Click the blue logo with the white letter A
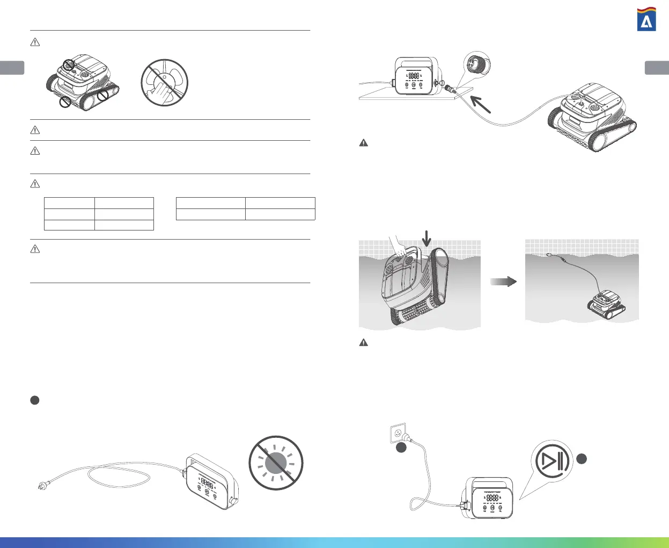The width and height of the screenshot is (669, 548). (x=646, y=20)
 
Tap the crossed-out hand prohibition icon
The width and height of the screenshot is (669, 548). (x=164, y=83)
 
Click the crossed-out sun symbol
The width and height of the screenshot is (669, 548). (x=276, y=462)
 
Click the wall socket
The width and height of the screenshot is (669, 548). (x=398, y=432)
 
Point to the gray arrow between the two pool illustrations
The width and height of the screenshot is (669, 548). (x=503, y=282)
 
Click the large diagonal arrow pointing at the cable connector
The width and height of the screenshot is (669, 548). (x=481, y=103)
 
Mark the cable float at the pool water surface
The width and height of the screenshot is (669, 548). (x=550, y=256)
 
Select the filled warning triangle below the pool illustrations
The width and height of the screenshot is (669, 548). (x=363, y=342)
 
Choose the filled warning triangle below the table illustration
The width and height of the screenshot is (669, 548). (x=363, y=143)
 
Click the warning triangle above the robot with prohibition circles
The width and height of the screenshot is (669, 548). (x=35, y=42)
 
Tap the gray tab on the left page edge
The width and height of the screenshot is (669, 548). (x=12, y=68)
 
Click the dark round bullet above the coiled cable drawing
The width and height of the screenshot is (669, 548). (x=34, y=400)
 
